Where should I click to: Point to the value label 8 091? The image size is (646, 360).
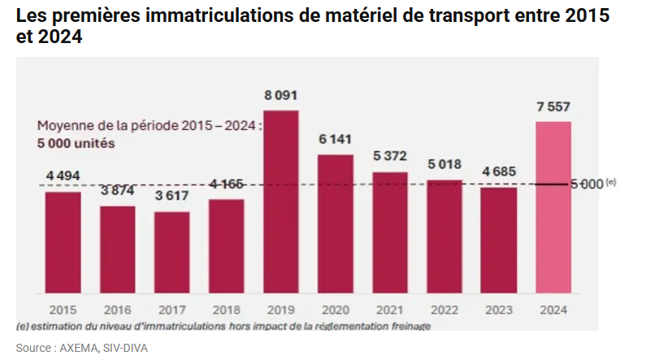click(280, 96)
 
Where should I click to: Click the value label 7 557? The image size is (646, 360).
click(553, 107)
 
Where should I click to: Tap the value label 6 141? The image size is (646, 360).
click(335, 140)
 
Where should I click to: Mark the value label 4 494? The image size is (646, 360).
click(63, 176)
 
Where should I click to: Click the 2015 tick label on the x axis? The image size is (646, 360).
click(63, 310)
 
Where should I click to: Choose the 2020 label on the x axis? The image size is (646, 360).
click(335, 310)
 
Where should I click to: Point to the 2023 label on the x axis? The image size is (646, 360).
click(498, 310)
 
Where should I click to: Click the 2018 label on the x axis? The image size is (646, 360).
click(226, 310)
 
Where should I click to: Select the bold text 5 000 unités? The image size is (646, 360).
click(76, 143)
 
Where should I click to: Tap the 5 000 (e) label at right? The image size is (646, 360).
click(592, 184)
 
